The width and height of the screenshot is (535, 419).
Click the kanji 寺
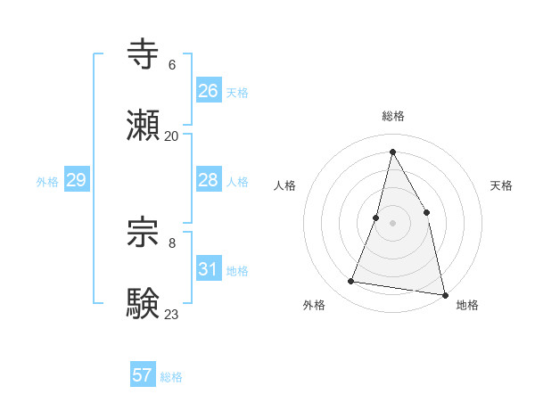(x=144, y=53)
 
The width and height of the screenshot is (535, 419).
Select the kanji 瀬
(x=144, y=127)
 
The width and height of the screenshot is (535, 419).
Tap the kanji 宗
(x=144, y=231)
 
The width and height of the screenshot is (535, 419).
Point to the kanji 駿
(x=144, y=303)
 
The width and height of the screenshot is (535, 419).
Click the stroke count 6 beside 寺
(x=172, y=64)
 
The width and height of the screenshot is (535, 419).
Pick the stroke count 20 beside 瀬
(x=172, y=136)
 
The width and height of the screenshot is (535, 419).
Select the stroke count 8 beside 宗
(x=172, y=242)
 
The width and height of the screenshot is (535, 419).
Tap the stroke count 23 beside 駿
(x=172, y=314)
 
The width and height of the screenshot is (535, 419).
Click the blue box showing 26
(x=208, y=91)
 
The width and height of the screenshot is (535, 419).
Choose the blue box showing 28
(x=208, y=180)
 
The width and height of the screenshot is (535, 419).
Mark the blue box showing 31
(x=208, y=269)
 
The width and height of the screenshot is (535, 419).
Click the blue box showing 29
(x=76, y=180)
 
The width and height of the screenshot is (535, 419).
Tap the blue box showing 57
(x=142, y=375)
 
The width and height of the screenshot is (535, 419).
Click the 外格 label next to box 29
(x=47, y=182)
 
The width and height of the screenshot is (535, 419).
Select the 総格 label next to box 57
(x=171, y=377)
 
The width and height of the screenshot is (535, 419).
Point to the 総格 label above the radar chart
(x=393, y=116)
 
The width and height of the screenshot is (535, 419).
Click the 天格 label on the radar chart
(x=502, y=185)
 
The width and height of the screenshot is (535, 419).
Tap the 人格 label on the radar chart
(x=284, y=185)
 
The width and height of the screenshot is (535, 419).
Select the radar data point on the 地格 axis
(x=444, y=293)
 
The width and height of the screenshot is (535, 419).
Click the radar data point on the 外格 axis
(x=351, y=282)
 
